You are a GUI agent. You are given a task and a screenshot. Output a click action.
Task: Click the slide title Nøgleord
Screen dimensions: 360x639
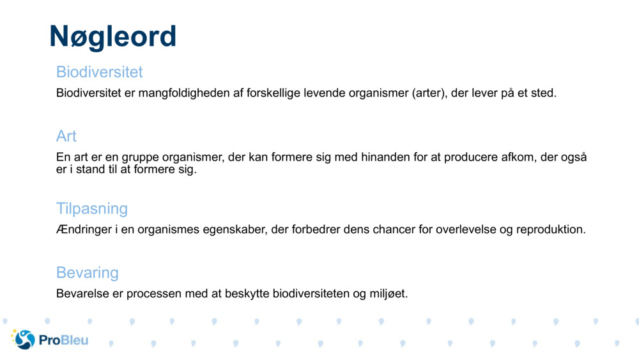click(x=112, y=36)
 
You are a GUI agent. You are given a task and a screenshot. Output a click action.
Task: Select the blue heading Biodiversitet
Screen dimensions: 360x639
click(x=99, y=72)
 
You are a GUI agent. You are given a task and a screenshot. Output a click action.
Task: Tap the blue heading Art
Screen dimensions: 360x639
click(x=66, y=136)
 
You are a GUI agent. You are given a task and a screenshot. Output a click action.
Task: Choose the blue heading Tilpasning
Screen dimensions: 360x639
click(x=92, y=208)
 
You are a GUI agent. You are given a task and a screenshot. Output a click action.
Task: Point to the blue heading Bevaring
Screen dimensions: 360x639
click(x=88, y=272)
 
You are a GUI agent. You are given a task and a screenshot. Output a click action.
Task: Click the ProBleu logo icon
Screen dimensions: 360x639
click(x=23, y=339)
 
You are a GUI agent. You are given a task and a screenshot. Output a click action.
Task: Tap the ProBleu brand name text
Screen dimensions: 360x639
click(x=63, y=340)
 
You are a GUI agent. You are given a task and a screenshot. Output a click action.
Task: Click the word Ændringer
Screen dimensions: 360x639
click(x=83, y=230)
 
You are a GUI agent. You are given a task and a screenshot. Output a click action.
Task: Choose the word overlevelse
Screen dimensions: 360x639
click(x=465, y=230)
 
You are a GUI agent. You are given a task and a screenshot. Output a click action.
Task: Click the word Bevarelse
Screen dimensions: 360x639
click(x=82, y=294)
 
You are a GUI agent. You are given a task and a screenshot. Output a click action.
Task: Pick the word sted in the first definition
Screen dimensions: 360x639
click(x=544, y=93)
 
